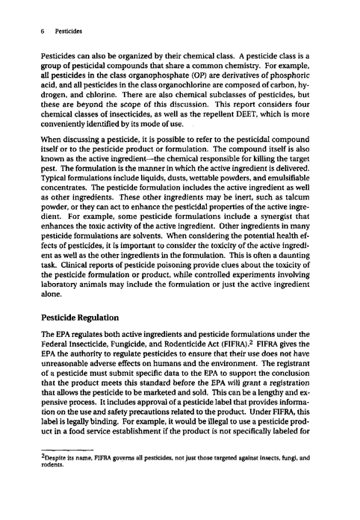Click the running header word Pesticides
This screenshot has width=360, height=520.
(68, 32)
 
